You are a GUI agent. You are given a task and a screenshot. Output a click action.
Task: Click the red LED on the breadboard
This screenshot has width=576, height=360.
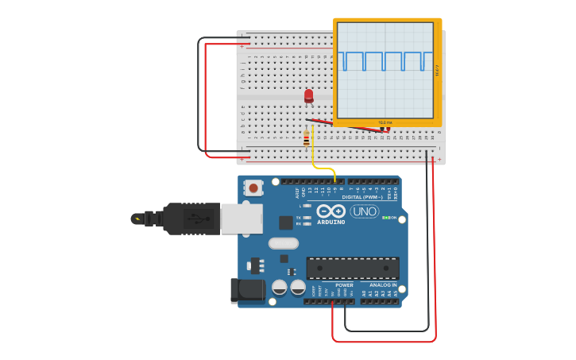coord(308,95)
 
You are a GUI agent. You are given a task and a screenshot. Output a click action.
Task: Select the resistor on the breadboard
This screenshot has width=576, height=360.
coord(306,138)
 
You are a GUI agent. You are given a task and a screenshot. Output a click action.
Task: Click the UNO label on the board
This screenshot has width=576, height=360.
coord(365,211)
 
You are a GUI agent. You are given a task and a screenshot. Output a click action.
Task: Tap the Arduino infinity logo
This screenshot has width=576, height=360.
coord(331,211)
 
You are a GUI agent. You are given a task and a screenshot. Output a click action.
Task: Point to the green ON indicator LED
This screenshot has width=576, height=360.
coord(386,218)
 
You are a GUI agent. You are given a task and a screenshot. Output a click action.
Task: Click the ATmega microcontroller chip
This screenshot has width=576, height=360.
coord(353,268)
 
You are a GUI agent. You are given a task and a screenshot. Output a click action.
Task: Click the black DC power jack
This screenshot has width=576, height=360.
coord(247,290)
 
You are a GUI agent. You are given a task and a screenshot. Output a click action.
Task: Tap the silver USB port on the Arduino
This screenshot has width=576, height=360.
coord(241,219)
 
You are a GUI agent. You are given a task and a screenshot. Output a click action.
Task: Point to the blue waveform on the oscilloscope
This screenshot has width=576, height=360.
coord(385,61)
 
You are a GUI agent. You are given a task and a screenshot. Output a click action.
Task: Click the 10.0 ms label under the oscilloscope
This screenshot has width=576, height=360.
coord(385,122)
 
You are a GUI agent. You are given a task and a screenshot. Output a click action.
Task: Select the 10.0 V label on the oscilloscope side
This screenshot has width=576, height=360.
coord(437,71)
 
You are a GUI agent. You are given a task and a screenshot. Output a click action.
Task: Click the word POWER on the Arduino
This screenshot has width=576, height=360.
coord(344,285)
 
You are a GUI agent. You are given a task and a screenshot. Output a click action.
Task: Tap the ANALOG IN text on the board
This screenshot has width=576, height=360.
coord(382,285)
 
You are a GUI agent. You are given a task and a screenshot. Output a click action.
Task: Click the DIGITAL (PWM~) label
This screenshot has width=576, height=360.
coord(361,197)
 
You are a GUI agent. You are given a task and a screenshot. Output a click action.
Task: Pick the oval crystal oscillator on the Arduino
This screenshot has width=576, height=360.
coord(284,243)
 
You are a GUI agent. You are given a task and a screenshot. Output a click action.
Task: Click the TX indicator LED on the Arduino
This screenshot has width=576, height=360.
coord(307,217)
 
